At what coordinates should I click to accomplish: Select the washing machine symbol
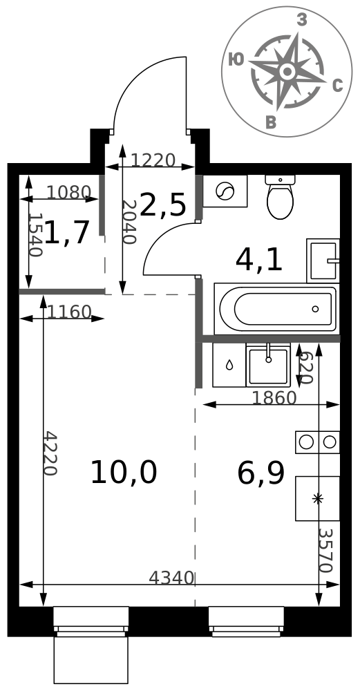225,191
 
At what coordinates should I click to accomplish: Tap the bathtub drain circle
315,309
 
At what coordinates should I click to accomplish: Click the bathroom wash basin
323,261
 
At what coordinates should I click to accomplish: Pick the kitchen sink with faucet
268,366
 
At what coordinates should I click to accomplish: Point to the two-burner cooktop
317,442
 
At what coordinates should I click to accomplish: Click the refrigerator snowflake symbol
317,498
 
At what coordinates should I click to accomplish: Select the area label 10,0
124,473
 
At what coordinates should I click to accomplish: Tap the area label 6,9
261,473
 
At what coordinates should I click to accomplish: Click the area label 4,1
258,260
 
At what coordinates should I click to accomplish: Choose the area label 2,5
162,205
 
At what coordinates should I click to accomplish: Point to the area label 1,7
68,232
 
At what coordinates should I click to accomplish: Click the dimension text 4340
171,578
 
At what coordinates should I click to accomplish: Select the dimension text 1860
274,399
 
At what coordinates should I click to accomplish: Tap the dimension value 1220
153,160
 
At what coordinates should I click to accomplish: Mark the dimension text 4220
50,453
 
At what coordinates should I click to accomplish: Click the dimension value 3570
325,551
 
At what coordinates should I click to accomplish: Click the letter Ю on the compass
236,59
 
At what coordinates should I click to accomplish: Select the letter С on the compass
337,86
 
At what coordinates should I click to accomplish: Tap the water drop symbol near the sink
229,365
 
